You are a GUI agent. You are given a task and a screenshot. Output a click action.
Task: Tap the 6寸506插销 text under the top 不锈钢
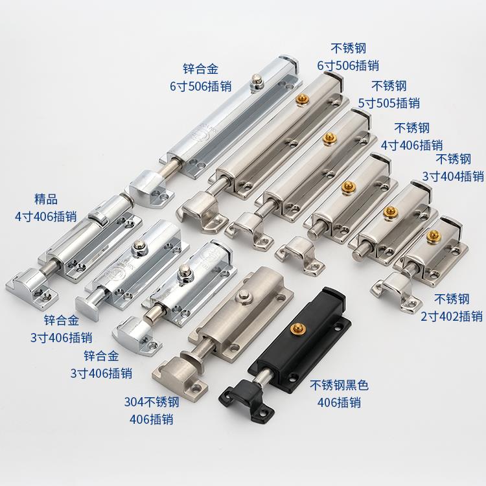(x=347, y=65)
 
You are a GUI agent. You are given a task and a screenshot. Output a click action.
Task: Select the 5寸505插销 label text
(x=389, y=102)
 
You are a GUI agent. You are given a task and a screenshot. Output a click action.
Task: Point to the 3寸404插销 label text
(x=452, y=176)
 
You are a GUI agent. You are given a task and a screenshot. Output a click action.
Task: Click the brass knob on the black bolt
(x=299, y=329)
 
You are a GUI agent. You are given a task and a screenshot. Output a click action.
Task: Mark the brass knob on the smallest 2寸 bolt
(x=432, y=233)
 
